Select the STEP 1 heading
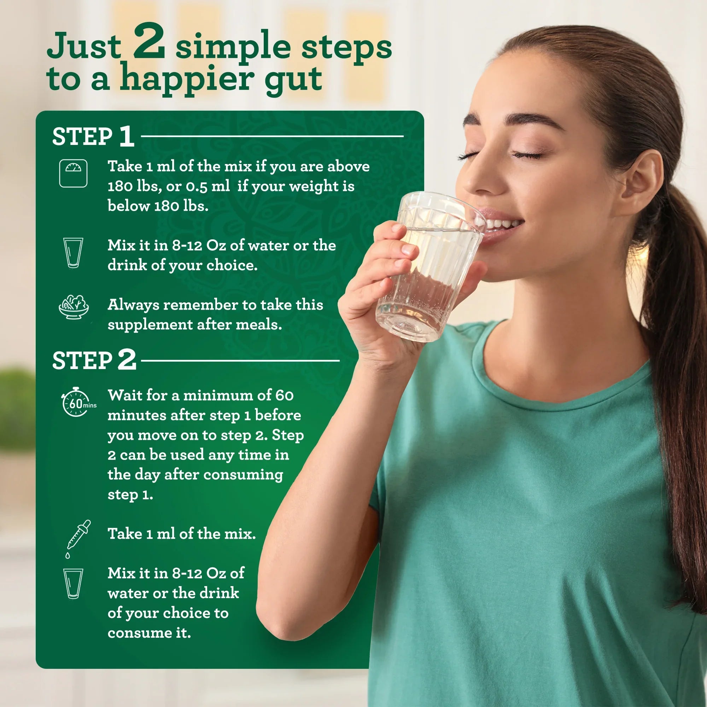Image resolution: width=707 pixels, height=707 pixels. point(93,136)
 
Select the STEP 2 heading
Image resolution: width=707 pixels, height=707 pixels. point(94,360)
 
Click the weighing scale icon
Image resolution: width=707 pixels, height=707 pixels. point(73,173)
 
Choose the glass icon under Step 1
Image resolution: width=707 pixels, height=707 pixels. point(73,252)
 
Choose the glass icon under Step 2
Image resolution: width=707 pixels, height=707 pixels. point(73,583)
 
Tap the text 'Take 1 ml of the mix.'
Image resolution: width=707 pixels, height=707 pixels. point(181,533)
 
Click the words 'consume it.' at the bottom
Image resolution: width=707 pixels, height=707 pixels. point(149,633)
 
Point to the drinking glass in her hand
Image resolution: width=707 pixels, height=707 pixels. point(428,267)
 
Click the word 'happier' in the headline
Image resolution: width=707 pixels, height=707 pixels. point(186,78)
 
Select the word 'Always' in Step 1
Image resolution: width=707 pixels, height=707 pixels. point(133,305)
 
